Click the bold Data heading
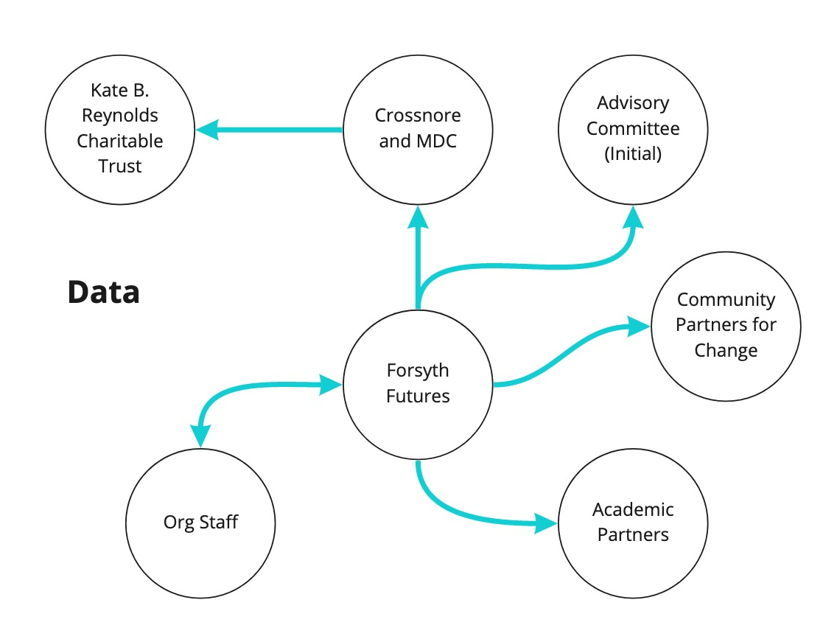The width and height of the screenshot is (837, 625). (x=103, y=293)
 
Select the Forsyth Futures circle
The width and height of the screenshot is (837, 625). (x=418, y=383)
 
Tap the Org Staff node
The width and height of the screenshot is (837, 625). (x=200, y=523)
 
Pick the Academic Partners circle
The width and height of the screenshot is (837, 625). (x=633, y=522)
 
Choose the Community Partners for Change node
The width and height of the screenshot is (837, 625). (x=726, y=325)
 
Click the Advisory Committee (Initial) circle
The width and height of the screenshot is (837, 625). (x=633, y=129)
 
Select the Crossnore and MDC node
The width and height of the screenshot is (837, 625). (x=418, y=129)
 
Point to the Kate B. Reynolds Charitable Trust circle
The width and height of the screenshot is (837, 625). (x=120, y=129)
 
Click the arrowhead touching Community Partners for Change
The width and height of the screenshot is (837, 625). (x=638, y=325)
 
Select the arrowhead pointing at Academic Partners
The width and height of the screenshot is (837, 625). (x=547, y=524)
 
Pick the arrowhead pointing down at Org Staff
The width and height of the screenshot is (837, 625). (x=199, y=436)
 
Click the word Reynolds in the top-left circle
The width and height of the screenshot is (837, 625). (x=120, y=116)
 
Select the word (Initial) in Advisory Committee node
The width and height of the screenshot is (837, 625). (x=633, y=155)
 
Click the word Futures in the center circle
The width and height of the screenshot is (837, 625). (x=418, y=397)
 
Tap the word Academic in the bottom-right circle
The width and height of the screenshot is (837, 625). (x=633, y=509)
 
